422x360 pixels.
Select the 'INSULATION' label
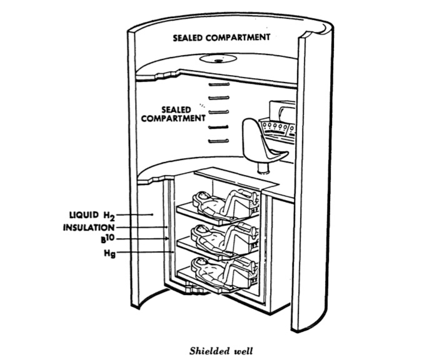point(88,227)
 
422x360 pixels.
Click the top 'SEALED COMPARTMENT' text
point(222,37)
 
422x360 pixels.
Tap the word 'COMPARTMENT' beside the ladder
point(174,119)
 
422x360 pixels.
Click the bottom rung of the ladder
point(217,141)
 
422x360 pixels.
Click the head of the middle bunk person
point(202,232)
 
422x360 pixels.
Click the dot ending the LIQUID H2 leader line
point(152,214)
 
